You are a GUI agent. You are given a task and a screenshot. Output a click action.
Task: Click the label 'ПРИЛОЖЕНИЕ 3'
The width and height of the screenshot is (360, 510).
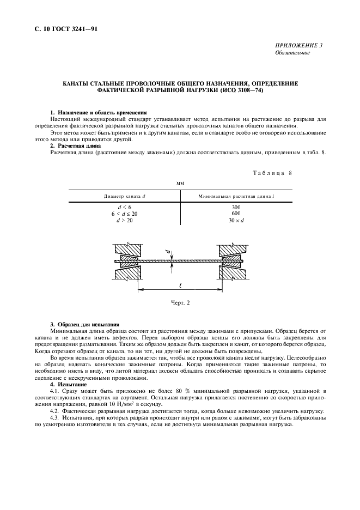click(300, 45)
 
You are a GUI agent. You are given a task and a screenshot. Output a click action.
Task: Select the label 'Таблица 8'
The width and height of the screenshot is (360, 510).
click(273, 173)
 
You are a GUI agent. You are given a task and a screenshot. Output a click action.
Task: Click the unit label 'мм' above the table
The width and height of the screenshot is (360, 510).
click(180, 184)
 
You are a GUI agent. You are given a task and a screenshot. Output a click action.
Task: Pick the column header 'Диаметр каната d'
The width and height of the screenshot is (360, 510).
click(125, 195)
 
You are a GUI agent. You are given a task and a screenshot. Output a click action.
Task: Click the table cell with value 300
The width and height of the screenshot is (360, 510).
click(235, 207)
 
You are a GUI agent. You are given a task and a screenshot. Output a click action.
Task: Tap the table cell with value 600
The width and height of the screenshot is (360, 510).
click(235, 214)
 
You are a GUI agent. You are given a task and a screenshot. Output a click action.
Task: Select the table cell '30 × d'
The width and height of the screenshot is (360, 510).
click(235, 220)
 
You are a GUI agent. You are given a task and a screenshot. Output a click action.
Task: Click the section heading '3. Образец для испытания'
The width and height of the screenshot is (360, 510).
click(84, 325)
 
